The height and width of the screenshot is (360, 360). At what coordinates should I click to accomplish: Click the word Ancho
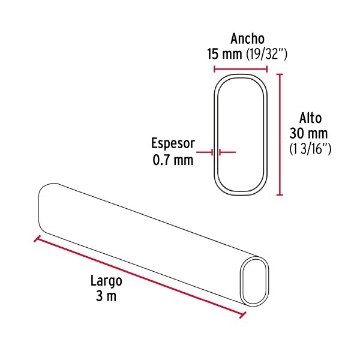click(x=247, y=39)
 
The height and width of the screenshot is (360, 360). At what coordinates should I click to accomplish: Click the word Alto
click(x=310, y=118)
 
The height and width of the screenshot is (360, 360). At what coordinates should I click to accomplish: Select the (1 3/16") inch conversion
click(x=310, y=148)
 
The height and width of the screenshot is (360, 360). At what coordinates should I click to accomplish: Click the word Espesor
click(x=173, y=144)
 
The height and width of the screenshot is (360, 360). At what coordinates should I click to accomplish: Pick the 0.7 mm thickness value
click(x=173, y=160)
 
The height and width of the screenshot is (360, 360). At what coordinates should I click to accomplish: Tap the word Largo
click(x=106, y=281)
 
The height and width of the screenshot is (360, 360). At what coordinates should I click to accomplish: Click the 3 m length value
click(x=106, y=296)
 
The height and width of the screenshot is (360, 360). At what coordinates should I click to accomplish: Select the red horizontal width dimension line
click(x=240, y=69)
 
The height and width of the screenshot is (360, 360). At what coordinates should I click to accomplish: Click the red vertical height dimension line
click(x=279, y=134)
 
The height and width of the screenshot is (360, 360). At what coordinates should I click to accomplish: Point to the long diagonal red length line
click(x=140, y=277)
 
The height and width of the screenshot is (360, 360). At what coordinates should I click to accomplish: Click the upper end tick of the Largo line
click(x=37, y=239)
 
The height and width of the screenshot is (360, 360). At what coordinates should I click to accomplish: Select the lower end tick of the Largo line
click(x=243, y=315)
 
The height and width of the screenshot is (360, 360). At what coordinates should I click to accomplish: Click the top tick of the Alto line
click(x=279, y=74)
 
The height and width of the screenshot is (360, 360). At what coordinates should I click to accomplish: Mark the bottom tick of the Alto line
click(x=279, y=195)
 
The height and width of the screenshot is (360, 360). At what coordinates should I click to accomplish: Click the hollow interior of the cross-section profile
click(x=241, y=134)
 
